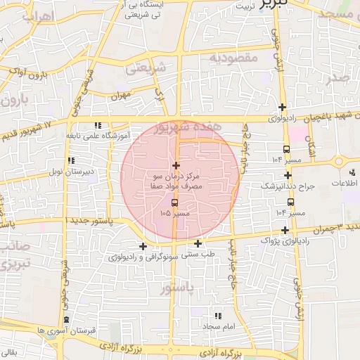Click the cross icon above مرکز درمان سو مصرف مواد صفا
[176, 165]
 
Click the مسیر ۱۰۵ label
[175, 212]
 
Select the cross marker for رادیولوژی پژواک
[285, 230]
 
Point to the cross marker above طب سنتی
[198, 243]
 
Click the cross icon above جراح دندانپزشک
[288, 175]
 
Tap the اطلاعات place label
[344, 183]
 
